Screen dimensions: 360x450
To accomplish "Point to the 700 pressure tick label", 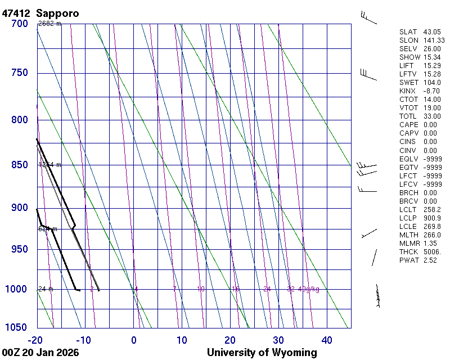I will pyautogui.click(x=20, y=24).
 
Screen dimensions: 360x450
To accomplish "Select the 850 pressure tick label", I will pyautogui.click(x=20, y=165).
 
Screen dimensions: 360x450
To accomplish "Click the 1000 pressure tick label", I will pyautogui.click(x=17, y=289).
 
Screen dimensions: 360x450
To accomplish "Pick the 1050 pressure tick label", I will pyautogui.click(x=17, y=327).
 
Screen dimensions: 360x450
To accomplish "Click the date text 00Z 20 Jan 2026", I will pyautogui.click(x=40, y=353).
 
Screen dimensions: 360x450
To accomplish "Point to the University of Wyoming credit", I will pyautogui.click(x=262, y=353).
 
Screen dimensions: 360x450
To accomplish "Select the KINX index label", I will pyautogui.click(x=407, y=91).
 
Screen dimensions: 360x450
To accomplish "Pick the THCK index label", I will pyautogui.click(x=408, y=251).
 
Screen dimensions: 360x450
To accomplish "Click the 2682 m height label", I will pyautogui.click(x=49, y=24).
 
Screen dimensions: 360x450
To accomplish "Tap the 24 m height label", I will pyautogui.click(x=46, y=289).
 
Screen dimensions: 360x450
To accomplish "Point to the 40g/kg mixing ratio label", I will pyautogui.click(x=309, y=289).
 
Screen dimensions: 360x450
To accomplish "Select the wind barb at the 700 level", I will pyautogui.click(x=369, y=17).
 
